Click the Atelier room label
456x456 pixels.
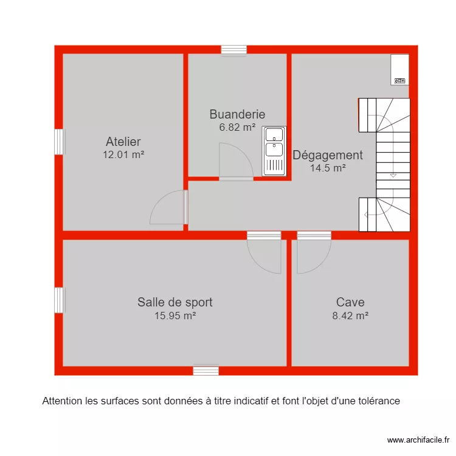pyautogui.click(x=123, y=142)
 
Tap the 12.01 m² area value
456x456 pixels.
pyautogui.click(x=123, y=154)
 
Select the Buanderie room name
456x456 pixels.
pyautogui.click(x=237, y=114)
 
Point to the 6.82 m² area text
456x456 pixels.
pyautogui.click(x=237, y=127)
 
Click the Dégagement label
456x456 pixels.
pyautogui.click(x=328, y=155)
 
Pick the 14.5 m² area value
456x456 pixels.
pyautogui.click(x=328, y=168)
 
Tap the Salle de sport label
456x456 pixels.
pyautogui.click(x=174, y=302)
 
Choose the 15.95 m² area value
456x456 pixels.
pyautogui.click(x=174, y=316)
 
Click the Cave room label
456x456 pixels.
pyautogui.click(x=350, y=302)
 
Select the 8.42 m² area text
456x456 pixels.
pyautogui.click(x=350, y=316)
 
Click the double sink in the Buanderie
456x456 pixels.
pyautogui.click(x=274, y=151)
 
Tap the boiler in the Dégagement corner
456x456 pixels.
pyautogui.click(x=399, y=69)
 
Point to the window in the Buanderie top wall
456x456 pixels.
pyautogui.click(x=234, y=50)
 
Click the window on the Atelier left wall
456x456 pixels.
pyautogui.click(x=59, y=142)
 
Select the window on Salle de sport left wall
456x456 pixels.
pyautogui.click(x=59, y=300)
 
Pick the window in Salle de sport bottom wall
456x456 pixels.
pyautogui.click(x=206, y=370)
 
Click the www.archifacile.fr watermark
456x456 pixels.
pyautogui.click(x=418, y=440)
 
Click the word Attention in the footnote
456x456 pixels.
pyautogui.click(x=60, y=401)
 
